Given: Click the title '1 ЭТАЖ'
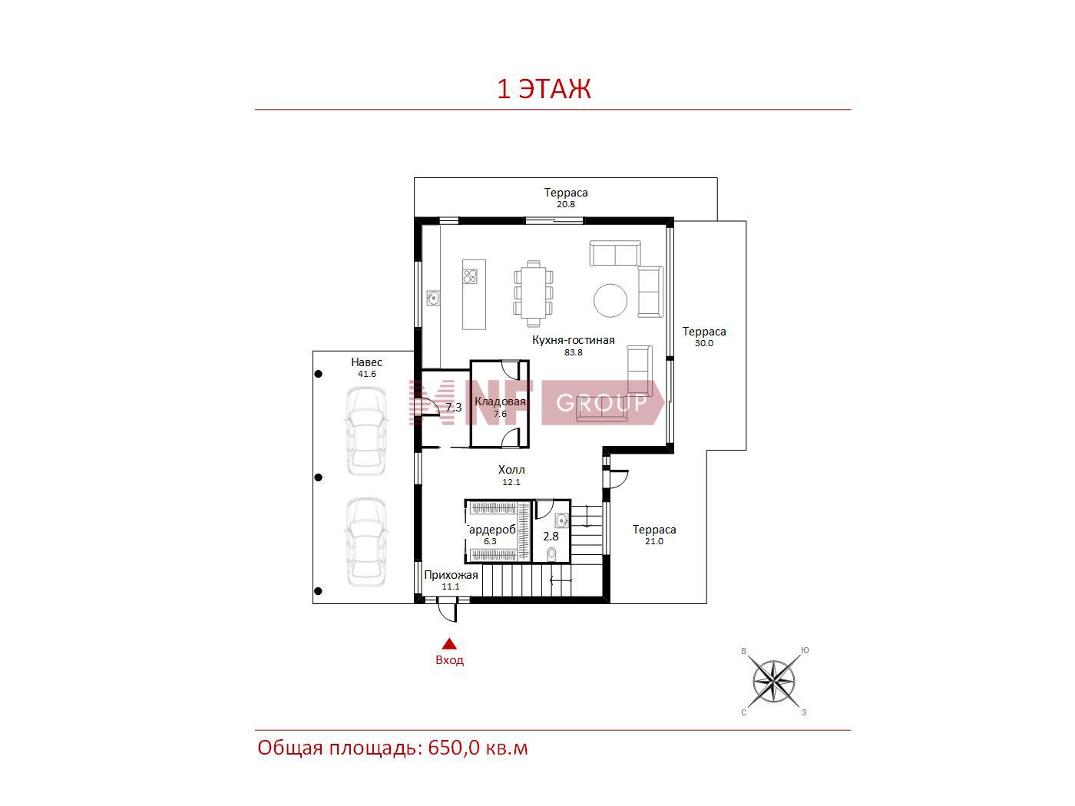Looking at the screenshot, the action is (x=544, y=89).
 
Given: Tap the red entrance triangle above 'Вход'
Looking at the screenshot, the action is (x=449, y=643).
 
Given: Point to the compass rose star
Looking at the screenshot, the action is (x=773, y=681).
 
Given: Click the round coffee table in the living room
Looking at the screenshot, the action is (x=610, y=300).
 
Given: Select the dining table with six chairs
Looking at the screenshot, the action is (x=534, y=293).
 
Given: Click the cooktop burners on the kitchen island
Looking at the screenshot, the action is (x=470, y=276).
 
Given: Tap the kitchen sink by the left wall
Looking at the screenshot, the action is (x=433, y=298).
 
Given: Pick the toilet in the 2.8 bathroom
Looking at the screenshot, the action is (x=552, y=553).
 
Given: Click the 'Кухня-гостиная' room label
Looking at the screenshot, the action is (x=573, y=340).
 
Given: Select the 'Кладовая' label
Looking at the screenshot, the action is (x=500, y=401).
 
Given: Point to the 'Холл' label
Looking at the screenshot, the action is (x=511, y=470).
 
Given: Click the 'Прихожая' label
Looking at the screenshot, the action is (x=451, y=575).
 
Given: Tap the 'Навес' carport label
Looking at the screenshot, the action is (x=366, y=362).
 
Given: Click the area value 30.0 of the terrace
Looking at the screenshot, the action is (x=704, y=343).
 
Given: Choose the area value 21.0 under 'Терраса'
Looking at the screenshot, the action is (x=653, y=541).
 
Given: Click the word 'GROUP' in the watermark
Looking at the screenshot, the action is (x=602, y=403).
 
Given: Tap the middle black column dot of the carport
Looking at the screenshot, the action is (x=319, y=477).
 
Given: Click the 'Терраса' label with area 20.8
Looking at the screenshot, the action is (x=566, y=193).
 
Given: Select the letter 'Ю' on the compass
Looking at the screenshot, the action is (x=805, y=650).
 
